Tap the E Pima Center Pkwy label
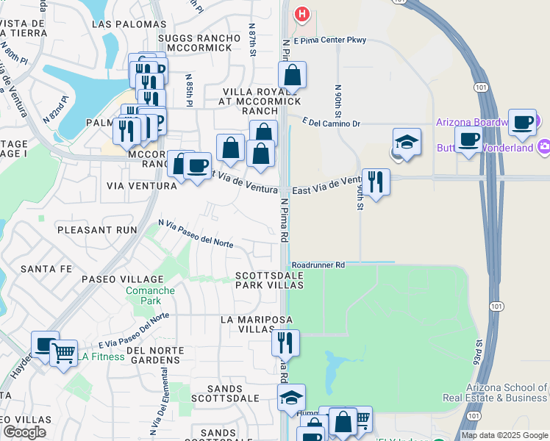coord(329,41)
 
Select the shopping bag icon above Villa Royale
coord(292,75)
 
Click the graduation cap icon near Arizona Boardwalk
coord(407,141)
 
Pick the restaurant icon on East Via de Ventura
coord(376,182)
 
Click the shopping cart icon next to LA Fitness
coord(63,354)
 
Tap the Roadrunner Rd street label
coord(318,265)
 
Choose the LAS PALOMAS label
coord(123,24)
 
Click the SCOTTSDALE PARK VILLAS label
coord(268,282)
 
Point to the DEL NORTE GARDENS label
coord(153,355)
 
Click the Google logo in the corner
coord(24,432)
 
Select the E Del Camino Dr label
coord(330,123)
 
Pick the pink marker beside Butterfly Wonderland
coord(543,146)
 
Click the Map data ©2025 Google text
coord(504,435)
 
